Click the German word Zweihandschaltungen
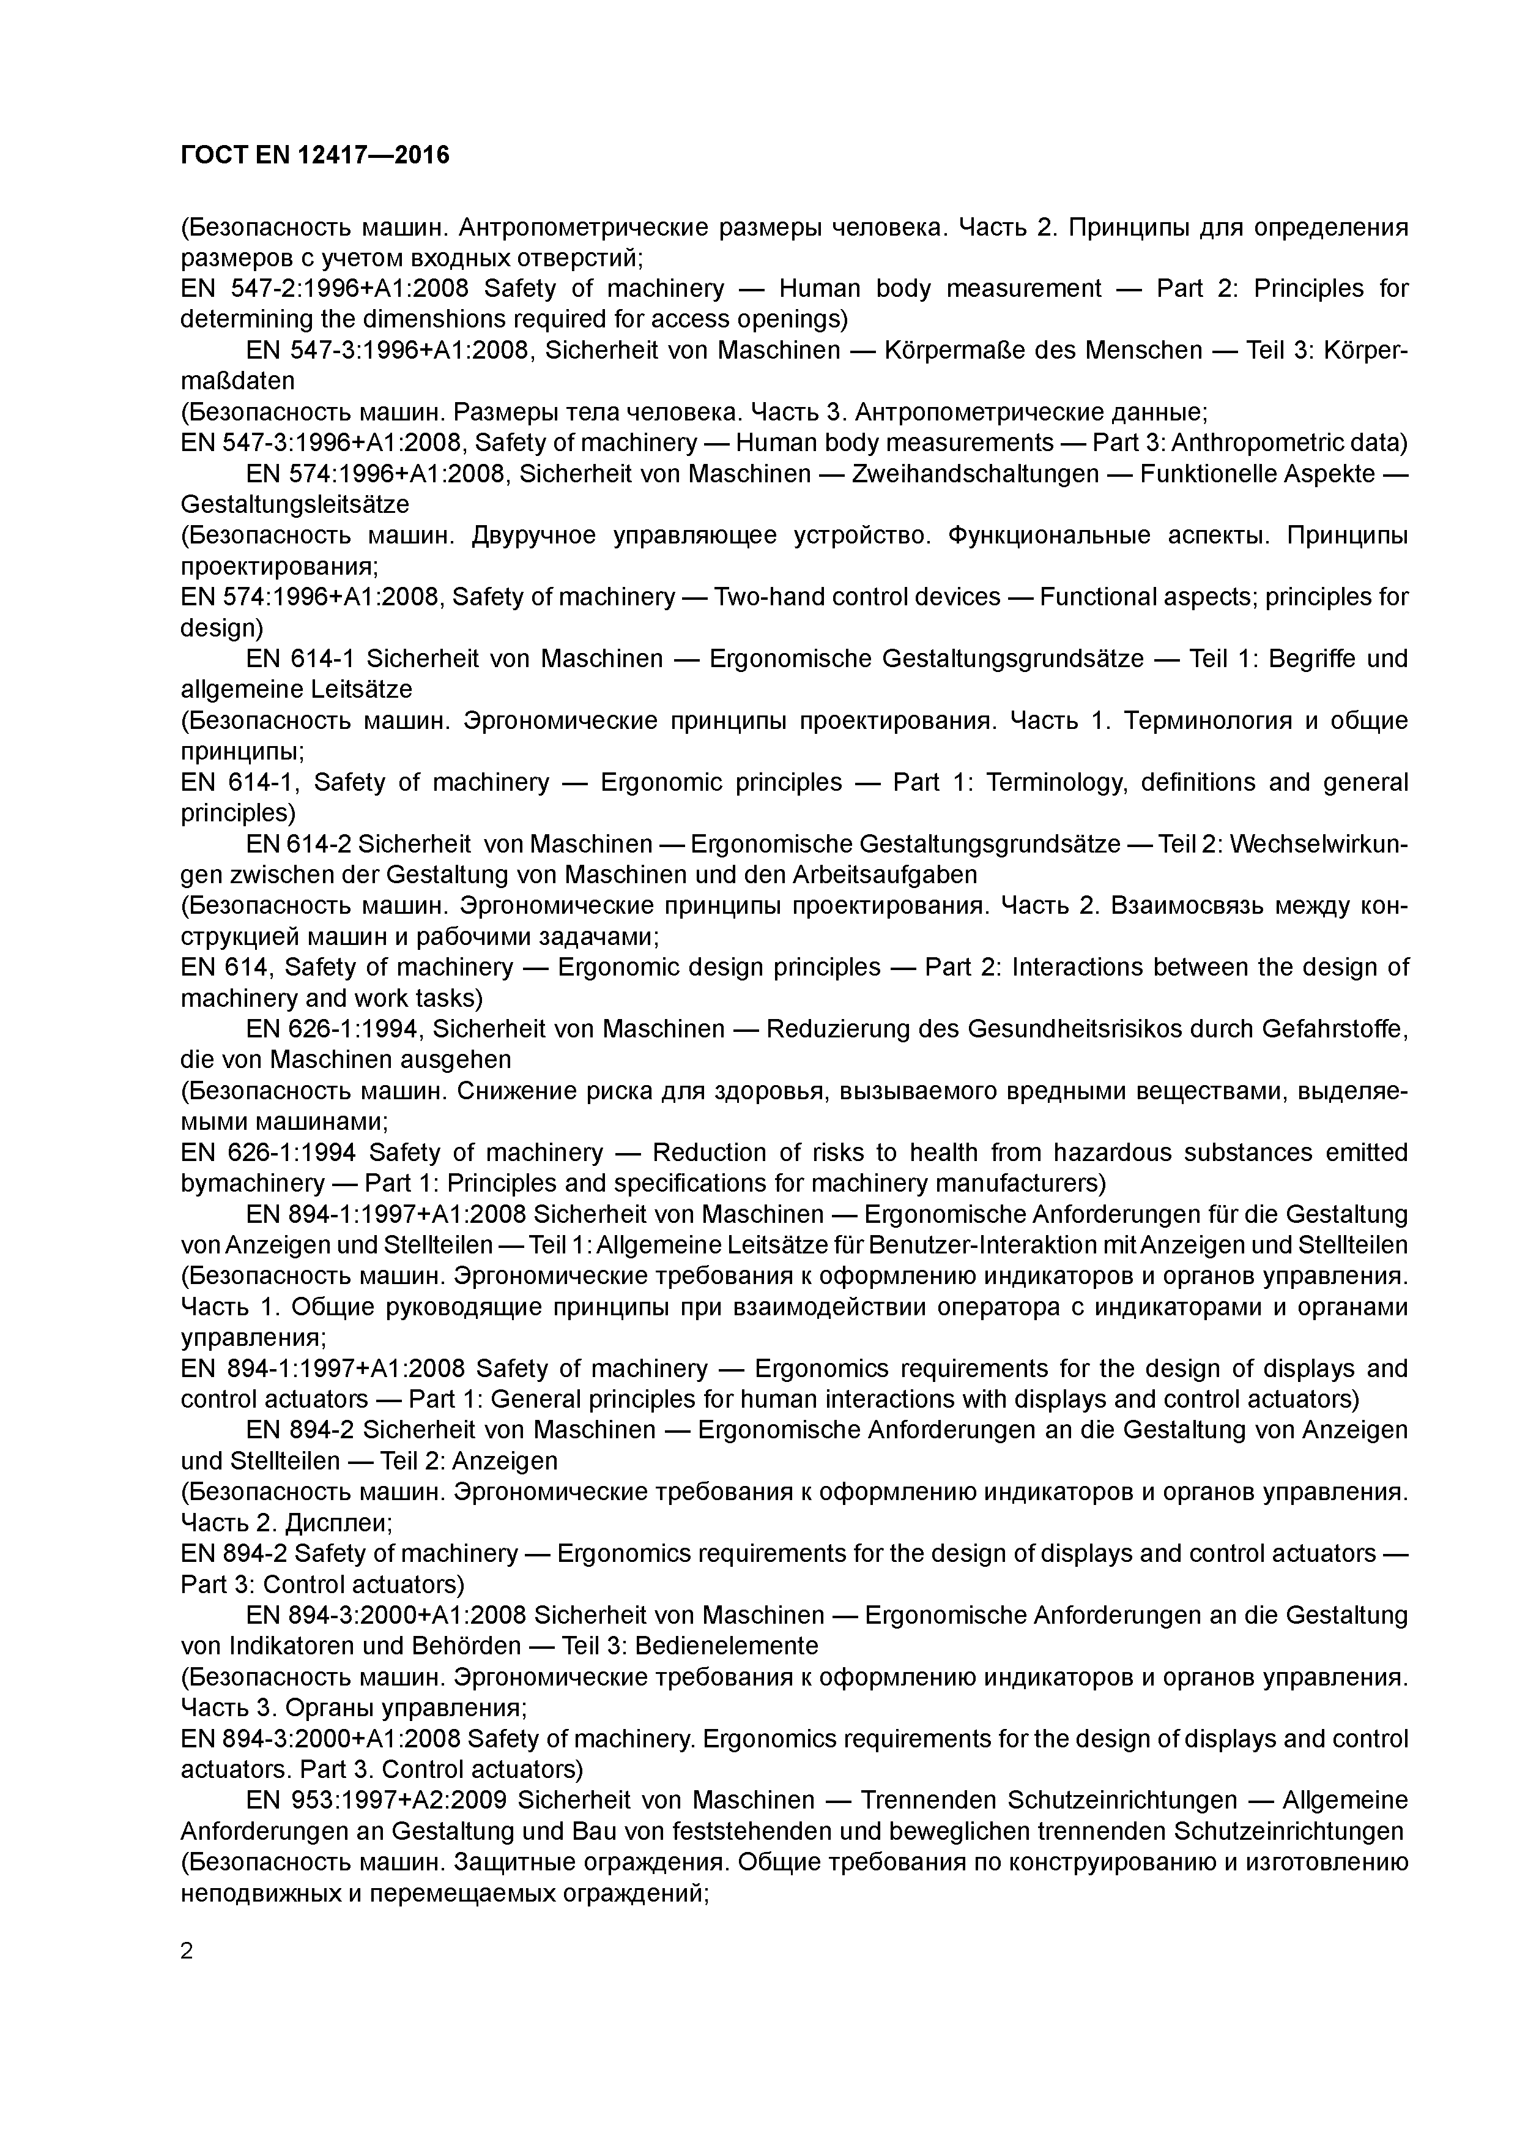tap(976, 474)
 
